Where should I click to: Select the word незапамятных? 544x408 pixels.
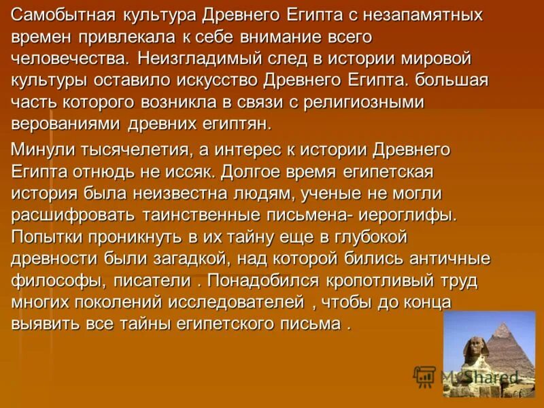[x=426, y=15]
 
